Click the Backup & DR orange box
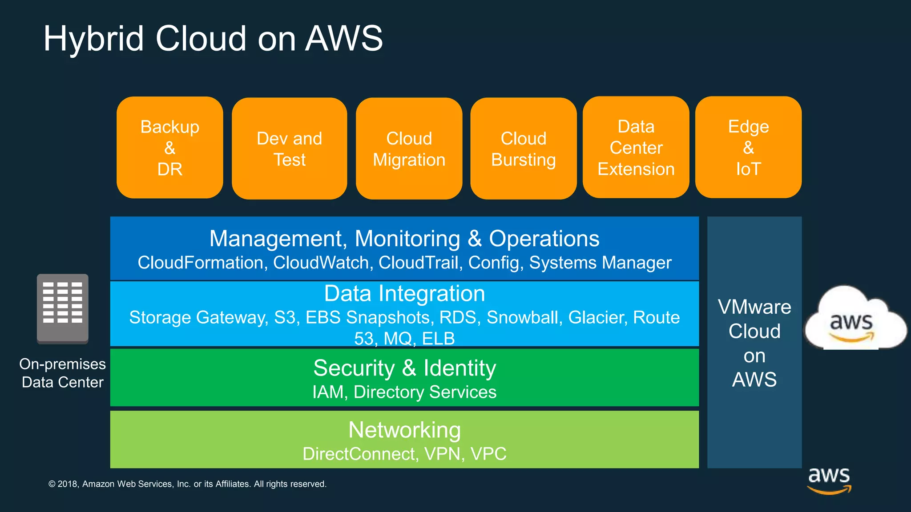click(169, 148)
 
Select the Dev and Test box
click(289, 148)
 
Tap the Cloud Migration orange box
click(409, 148)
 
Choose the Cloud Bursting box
click(523, 148)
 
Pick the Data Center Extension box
click(636, 148)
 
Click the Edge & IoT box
click(748, 148)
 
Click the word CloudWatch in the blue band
click(321, 263)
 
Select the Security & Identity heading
click(404, 368)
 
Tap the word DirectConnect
click(359, 454)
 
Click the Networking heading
click(404, 430)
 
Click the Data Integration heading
click(404, 294)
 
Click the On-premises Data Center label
click(62, 373)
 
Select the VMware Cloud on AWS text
click(754, 343)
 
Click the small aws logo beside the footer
click(829, 480)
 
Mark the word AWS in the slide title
click(344, 38)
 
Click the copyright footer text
click(187, 484)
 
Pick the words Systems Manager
click(600, 263)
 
